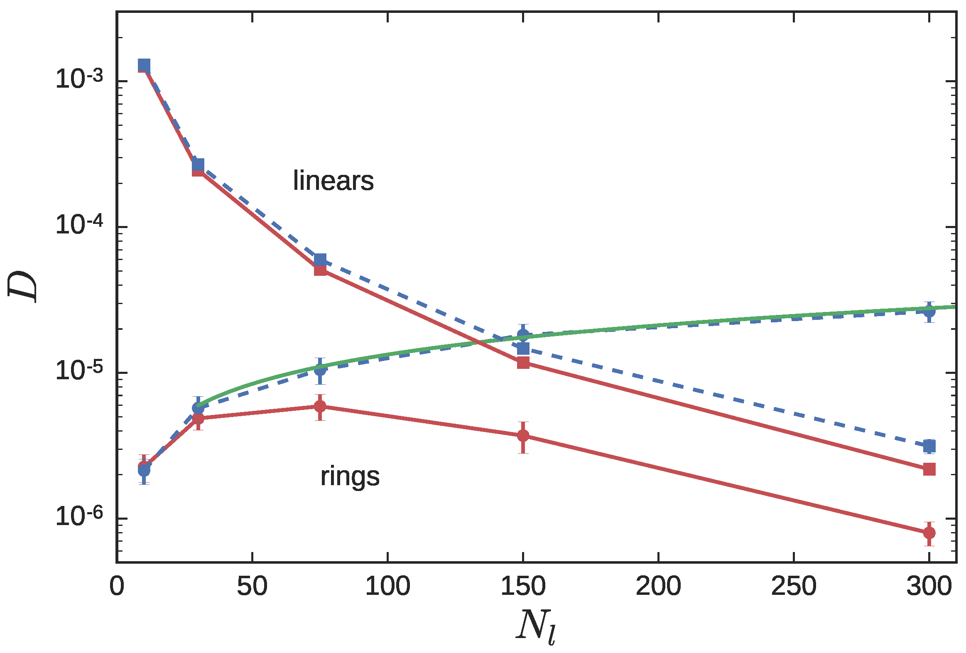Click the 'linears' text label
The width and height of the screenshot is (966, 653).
(x=333, y=181)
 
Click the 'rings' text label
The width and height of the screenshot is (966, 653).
(x=350, y=476)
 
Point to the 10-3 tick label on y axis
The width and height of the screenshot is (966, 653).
(x=79, y=79)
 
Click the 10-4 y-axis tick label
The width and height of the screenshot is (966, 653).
(x=79, y=225)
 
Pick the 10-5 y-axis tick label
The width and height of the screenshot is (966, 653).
(x=79, y=371)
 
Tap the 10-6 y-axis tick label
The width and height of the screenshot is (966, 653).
(x=79, y=517)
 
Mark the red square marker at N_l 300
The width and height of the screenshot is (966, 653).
(x=929, y=469)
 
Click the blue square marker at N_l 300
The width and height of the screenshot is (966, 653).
(x=929, y=447)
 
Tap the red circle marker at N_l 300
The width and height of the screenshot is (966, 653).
(x=929, y=533)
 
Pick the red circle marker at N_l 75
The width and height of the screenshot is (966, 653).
(x=320, y=406)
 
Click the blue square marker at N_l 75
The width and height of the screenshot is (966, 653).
(x=320, y=260)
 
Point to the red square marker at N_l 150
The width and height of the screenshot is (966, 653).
(x=523, y=363)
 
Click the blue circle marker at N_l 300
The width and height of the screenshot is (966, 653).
(x=929, y=311)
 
